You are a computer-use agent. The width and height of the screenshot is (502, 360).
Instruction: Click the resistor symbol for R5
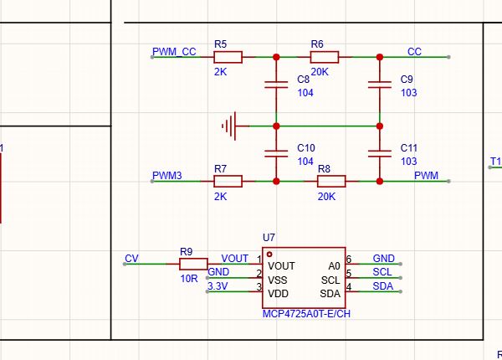(x=228, y=57)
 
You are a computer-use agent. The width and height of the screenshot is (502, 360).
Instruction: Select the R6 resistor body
(x=325, y=57)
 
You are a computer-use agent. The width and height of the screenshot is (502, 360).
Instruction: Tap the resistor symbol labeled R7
(x=228, y=182)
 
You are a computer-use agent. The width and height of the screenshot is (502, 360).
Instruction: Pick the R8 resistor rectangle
(x=331, y=182)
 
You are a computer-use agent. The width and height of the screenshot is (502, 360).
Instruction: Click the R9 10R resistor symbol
(x=193, y=264)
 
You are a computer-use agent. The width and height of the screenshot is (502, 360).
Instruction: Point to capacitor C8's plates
(x=276, y=85)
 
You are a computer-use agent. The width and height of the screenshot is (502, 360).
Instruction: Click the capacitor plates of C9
(x=380, y=85)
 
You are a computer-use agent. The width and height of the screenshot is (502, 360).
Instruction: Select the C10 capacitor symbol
(x=276, y=154)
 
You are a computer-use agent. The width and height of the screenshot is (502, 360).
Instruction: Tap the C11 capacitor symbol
(x=380, y=154)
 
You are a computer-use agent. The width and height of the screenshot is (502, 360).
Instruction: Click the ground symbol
(x=230, y=126)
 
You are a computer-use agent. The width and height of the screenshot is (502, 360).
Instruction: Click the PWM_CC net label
(x=174, y=52)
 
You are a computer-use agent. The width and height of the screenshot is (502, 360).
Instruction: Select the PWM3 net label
(x=167, y=176)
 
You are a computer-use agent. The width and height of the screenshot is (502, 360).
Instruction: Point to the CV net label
(x=131, y=259)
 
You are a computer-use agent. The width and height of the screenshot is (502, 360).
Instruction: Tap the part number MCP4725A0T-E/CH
(x=306, y=314)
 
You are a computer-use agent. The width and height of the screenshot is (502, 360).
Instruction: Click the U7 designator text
(x=269, y=237)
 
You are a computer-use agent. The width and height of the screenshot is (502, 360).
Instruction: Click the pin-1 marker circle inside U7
(x=269, y=255)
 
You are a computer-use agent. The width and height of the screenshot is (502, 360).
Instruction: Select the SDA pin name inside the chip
(x=330, y=294)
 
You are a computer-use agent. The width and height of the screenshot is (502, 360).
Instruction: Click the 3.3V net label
(x=218, y=286)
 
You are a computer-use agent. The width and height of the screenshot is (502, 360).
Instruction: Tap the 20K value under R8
(x=326, y=197)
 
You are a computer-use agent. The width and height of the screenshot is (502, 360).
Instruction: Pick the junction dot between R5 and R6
(x=276, y=57)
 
